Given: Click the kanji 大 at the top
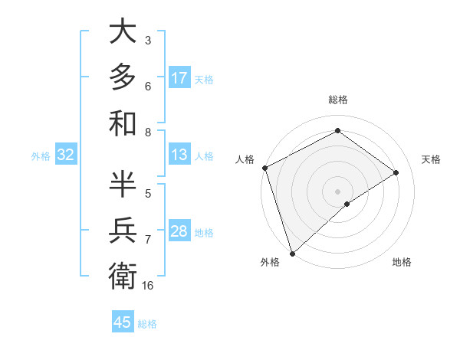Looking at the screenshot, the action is [123, 32].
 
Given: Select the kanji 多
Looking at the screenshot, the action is [123, 77].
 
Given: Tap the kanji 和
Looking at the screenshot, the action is [123, 123].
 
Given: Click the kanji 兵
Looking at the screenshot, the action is [123, 229].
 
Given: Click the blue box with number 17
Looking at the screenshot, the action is [179, 78].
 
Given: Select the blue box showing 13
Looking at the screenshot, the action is [179, 155].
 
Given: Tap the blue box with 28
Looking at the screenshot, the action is [179, 231].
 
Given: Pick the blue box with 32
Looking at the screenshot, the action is [66, 155].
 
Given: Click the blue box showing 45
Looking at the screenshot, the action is [123, 322].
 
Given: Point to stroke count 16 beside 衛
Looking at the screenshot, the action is [148, 286].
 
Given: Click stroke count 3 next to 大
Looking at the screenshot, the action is [148, 40].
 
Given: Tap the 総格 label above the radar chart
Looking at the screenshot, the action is [337, 100].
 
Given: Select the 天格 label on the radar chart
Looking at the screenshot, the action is [431, 159].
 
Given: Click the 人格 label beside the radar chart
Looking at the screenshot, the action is [245, 159].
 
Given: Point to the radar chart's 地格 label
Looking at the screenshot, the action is [402, 262].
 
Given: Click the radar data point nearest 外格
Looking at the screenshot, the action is [292, 253].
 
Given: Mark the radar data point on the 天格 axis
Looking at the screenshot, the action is [396, 172].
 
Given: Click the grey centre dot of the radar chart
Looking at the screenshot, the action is [337, 191].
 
